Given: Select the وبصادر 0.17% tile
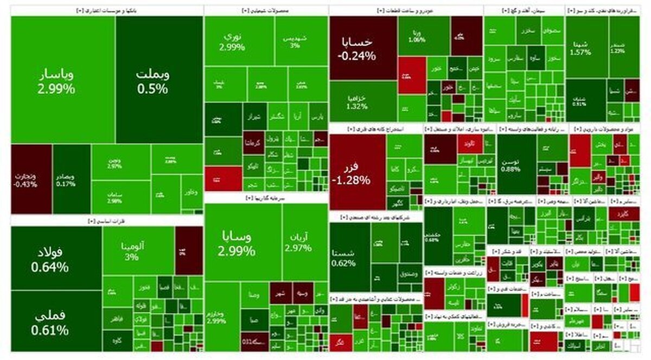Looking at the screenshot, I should coord(72,179).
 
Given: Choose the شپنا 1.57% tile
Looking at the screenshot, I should coord(586,48).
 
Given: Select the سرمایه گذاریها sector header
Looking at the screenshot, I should coord(266,198).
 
